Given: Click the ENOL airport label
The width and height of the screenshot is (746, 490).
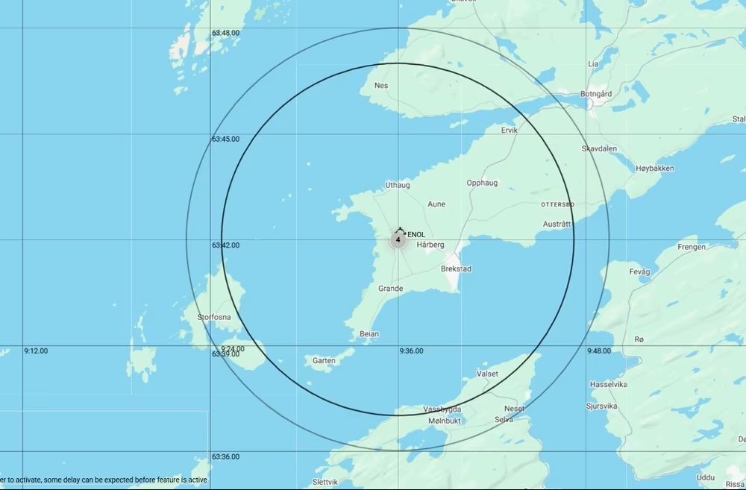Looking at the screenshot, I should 416,235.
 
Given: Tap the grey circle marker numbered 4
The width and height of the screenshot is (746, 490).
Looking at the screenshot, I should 398,240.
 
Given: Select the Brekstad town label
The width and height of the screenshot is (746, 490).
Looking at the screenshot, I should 456,268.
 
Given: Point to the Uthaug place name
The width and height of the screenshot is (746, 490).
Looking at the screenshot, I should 397,185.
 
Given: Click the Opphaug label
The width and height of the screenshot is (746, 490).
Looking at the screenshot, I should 482,183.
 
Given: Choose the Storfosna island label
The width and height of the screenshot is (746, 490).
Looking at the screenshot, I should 214,317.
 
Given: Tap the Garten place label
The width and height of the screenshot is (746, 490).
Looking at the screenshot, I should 324,361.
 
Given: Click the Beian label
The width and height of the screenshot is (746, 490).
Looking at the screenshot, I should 369,333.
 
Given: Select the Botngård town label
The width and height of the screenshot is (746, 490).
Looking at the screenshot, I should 596,94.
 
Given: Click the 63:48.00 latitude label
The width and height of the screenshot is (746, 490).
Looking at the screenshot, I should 225,33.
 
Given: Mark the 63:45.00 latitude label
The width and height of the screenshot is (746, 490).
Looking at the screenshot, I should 225,139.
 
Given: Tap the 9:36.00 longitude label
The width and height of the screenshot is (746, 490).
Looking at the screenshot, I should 411,351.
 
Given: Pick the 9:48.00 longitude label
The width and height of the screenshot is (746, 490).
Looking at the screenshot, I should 599,351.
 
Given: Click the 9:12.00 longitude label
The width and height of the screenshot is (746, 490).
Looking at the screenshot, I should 36,351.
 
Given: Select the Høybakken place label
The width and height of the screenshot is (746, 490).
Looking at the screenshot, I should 655,169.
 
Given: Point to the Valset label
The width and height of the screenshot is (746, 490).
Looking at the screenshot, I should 487,374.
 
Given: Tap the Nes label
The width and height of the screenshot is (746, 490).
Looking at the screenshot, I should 381,86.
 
